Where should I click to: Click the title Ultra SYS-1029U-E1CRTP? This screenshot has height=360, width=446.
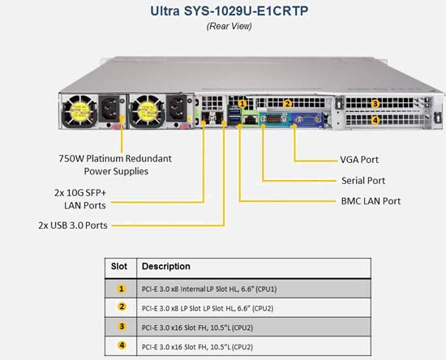click(229, 11)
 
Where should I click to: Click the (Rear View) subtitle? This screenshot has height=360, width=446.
click(229, 26)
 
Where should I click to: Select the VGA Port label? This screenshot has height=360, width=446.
click(359, 160)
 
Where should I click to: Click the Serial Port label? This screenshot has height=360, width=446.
click(363, 181)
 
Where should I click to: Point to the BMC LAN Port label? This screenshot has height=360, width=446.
click(371, 201)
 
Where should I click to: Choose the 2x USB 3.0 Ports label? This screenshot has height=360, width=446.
click(73, 225)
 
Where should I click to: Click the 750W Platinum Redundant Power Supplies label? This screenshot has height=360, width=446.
click(115, 165)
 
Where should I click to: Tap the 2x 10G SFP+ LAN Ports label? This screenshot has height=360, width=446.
click(80, 199)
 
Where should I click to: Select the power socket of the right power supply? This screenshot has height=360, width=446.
click(176, 109)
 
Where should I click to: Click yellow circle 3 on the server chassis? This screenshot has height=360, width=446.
click(375, 104)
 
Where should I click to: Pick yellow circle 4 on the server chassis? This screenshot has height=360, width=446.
click(375, 121)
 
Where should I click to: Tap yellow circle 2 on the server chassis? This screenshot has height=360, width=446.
click(288, 104)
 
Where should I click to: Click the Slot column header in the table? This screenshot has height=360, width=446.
click(119, 267)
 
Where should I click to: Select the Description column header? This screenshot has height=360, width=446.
click(166, 267)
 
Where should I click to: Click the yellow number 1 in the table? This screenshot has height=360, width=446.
click(122, 289)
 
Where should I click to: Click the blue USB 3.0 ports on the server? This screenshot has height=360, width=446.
click(234, 116)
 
